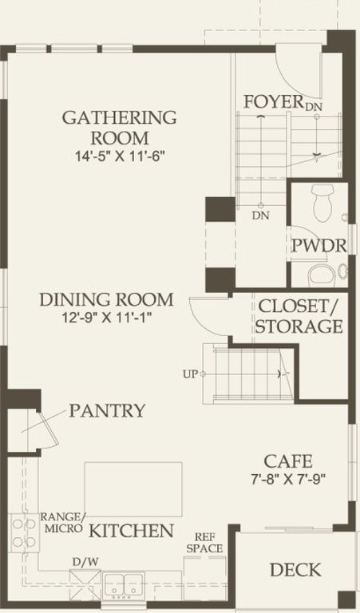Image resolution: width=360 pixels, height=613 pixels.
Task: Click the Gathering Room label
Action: point(119,128)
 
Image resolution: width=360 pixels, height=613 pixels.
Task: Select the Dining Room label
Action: point(106,300)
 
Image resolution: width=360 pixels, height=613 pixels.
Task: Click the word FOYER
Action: point(274,101)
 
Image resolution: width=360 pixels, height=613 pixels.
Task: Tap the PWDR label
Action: point(319,246)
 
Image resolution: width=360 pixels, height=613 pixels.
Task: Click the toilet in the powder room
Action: point(322,203)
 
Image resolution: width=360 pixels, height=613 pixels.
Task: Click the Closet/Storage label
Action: point(299,316)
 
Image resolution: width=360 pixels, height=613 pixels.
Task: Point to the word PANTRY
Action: point(107,411)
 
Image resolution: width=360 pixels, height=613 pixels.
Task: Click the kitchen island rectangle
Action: point(133,489)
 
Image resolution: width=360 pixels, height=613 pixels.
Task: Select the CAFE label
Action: point(288,461)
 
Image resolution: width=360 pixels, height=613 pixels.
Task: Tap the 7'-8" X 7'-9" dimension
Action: point(288,479)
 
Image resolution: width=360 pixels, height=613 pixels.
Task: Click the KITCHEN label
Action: point(132,531)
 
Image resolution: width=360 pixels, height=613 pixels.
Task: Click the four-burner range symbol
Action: point(24,533)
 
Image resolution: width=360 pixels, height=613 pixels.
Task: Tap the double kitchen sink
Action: point(124,584)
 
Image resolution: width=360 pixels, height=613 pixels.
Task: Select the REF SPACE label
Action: point(204,543)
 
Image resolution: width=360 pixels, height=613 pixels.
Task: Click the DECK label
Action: point(295,570)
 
